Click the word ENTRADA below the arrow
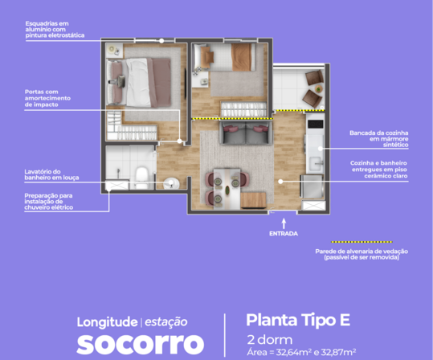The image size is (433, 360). click(x=284, y=234)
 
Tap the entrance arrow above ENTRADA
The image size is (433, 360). click(x=284, y=223)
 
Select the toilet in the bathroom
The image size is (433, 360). click(x=142, y=178)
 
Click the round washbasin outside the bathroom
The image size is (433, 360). click(x=171, y=183)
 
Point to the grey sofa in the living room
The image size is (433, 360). click(x=246, y=133)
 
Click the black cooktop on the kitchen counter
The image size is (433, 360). click(x=316, y=124)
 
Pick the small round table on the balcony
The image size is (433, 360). click(x=319, y=89)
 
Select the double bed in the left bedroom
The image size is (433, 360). click(x=138, y=82)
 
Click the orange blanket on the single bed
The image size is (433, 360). click(x=241, y=57)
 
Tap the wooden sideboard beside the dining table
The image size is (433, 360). click(x=253, y=200)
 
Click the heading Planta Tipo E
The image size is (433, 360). click(x=298, y=320)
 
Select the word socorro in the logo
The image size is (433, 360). click(x=141, y=344)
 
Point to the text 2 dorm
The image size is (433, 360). click(x=270, y=340)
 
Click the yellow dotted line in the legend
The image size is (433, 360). click(x=362, y=242)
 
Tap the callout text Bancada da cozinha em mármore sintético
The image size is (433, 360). click(x=379, y=139)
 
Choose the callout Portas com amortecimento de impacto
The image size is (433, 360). click(x=47, y=98)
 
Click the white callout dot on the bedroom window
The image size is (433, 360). click(x=161, y=41)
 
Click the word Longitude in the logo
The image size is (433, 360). click(x=107, y=322)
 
